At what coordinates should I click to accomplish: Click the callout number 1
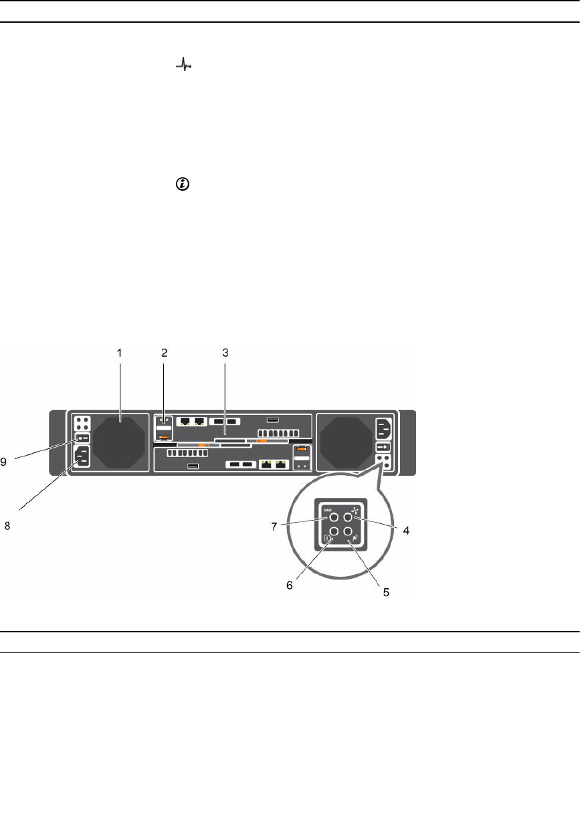[119, 352]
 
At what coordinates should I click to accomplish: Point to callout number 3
[226, 352]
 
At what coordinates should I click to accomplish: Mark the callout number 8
[8, 526]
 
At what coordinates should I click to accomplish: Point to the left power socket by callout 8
[82, 458]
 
